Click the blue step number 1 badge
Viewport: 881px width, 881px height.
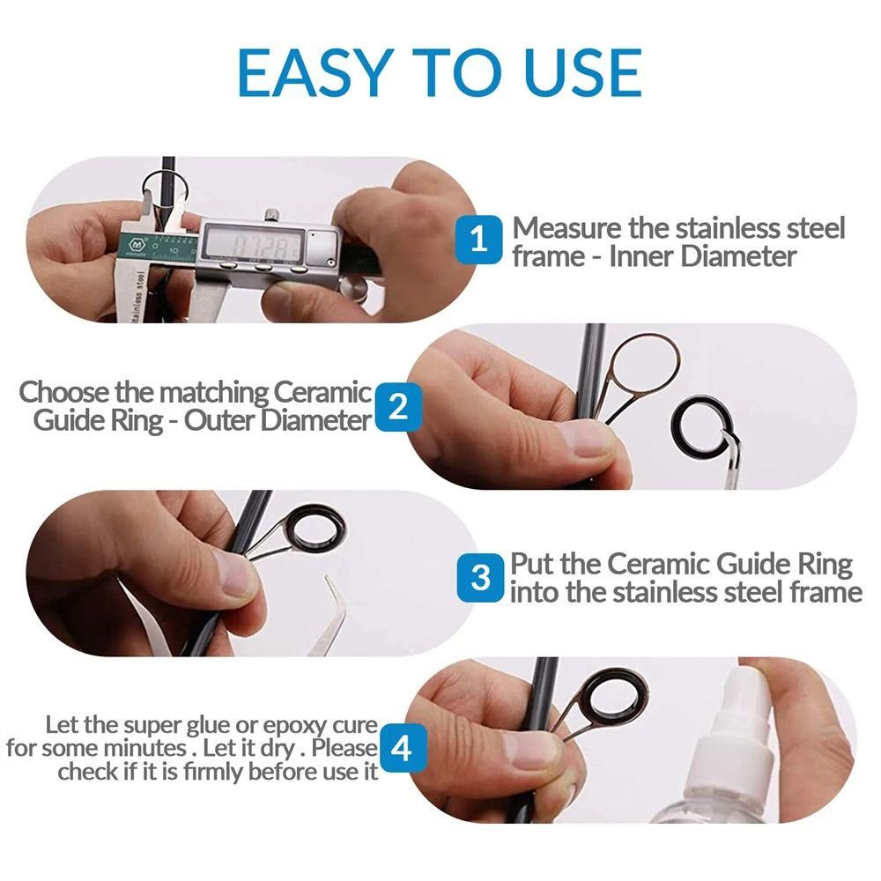click(479, 239)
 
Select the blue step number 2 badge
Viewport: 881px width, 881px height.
click(398, 406)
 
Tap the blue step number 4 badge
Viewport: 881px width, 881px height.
click(402, 750)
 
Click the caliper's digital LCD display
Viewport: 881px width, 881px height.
click(252, 241)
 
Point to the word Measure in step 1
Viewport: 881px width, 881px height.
click(567, 228)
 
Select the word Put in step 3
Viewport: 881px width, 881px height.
click(534, 564)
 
